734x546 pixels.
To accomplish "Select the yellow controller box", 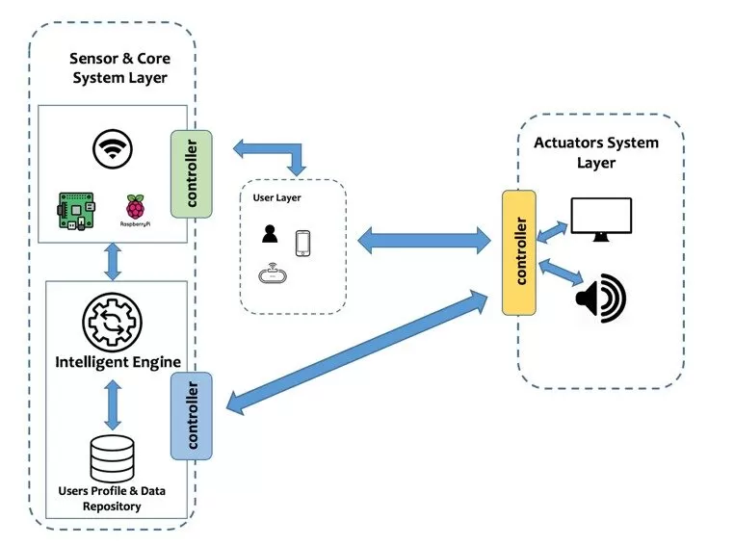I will (519, 251).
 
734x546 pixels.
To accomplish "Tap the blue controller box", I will (191, 416).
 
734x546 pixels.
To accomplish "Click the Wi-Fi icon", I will (111, 149).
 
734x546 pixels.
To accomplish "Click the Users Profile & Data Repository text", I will (113, 499).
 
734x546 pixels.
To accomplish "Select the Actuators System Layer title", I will (596, 152).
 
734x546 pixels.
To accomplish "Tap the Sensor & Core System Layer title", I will (118, 68).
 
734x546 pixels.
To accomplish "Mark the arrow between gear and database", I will (113, 404).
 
